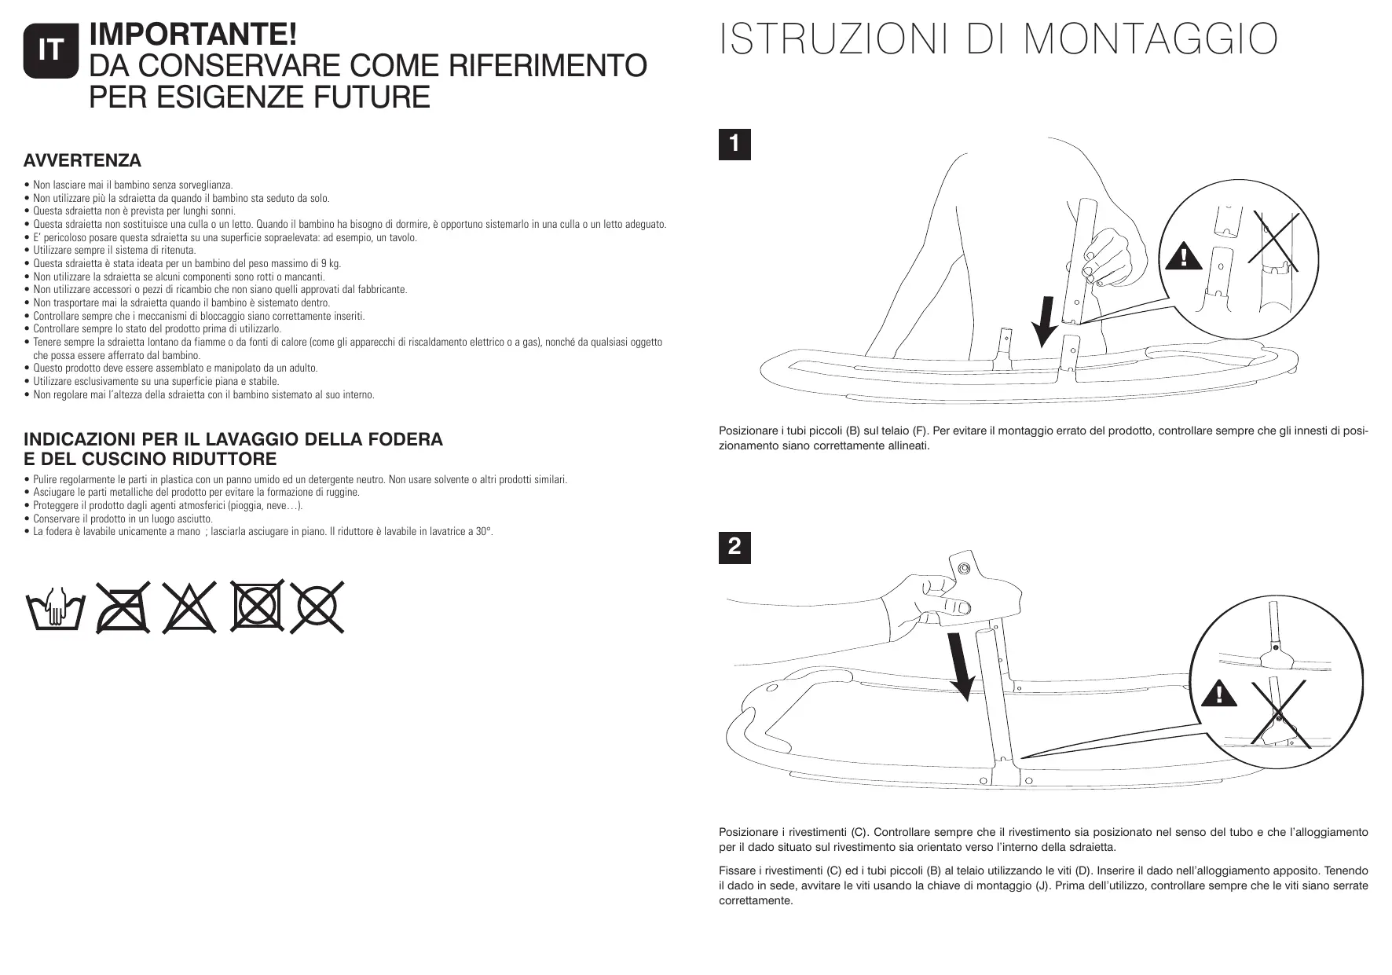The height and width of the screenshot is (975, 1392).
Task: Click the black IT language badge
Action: (x=51, y=51)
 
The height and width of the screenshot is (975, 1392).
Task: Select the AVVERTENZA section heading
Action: (x=82, y=161)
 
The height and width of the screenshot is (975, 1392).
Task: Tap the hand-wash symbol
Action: (x=54, y=610)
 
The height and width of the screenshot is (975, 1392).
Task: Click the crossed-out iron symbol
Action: (x=123, y=609)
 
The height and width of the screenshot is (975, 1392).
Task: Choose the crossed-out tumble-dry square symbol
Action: (x=255, y=607)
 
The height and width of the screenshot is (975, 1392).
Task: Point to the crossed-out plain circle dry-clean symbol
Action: (x=318, y=607)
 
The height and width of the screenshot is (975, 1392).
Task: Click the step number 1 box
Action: (x=734, y=145)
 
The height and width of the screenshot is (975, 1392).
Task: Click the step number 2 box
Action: (x=734, y=548)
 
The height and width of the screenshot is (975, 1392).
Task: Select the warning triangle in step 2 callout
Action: (x=1218, y=694)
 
